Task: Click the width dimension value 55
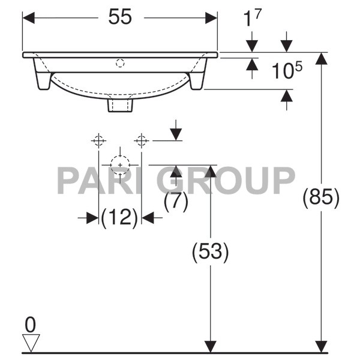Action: click(120, 17)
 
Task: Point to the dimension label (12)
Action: click(119, 217)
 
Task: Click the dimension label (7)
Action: click(175, 202)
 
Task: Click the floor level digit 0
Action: click(29, 325)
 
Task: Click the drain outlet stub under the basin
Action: click(120, 105)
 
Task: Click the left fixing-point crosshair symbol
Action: click(98, 141)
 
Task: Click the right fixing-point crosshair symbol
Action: click(142, 141)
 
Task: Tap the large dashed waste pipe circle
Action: click(120, 164)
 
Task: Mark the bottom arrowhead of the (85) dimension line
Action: click(322, 347)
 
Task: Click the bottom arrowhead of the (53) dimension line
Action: click(210, 347)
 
